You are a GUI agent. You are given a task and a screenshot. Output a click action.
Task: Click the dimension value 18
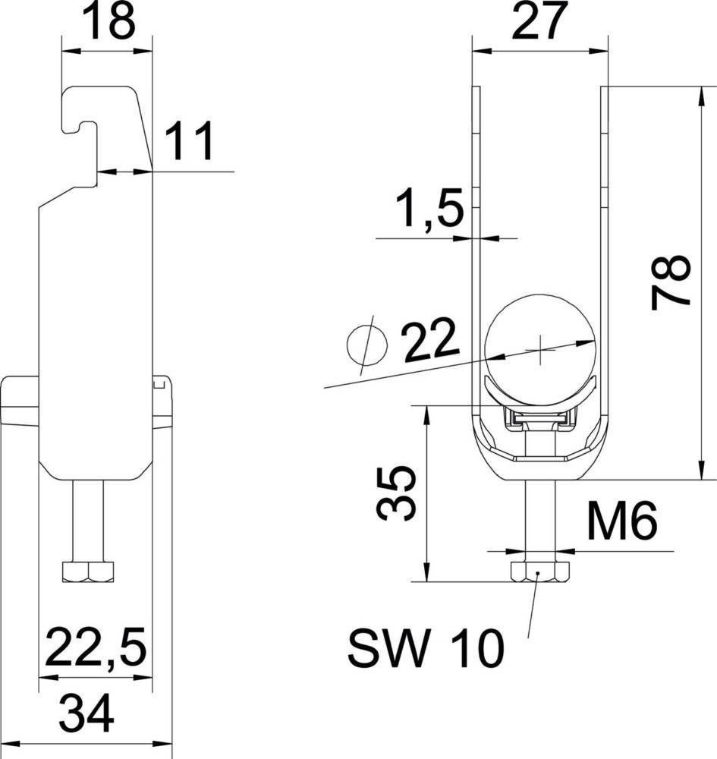(108, 20)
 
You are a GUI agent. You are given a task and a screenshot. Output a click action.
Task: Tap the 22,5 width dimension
(96, 646)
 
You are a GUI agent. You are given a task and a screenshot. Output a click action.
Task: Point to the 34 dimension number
(86, 713)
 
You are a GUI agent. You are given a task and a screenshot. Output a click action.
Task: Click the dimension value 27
(539, 20)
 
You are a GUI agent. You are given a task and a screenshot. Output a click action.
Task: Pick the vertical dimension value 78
(670, 282)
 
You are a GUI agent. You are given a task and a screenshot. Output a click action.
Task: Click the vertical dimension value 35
(396, 494)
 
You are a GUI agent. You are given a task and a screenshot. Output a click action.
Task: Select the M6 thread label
(621, 521)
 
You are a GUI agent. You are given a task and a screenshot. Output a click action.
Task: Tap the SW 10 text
(426, 649)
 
